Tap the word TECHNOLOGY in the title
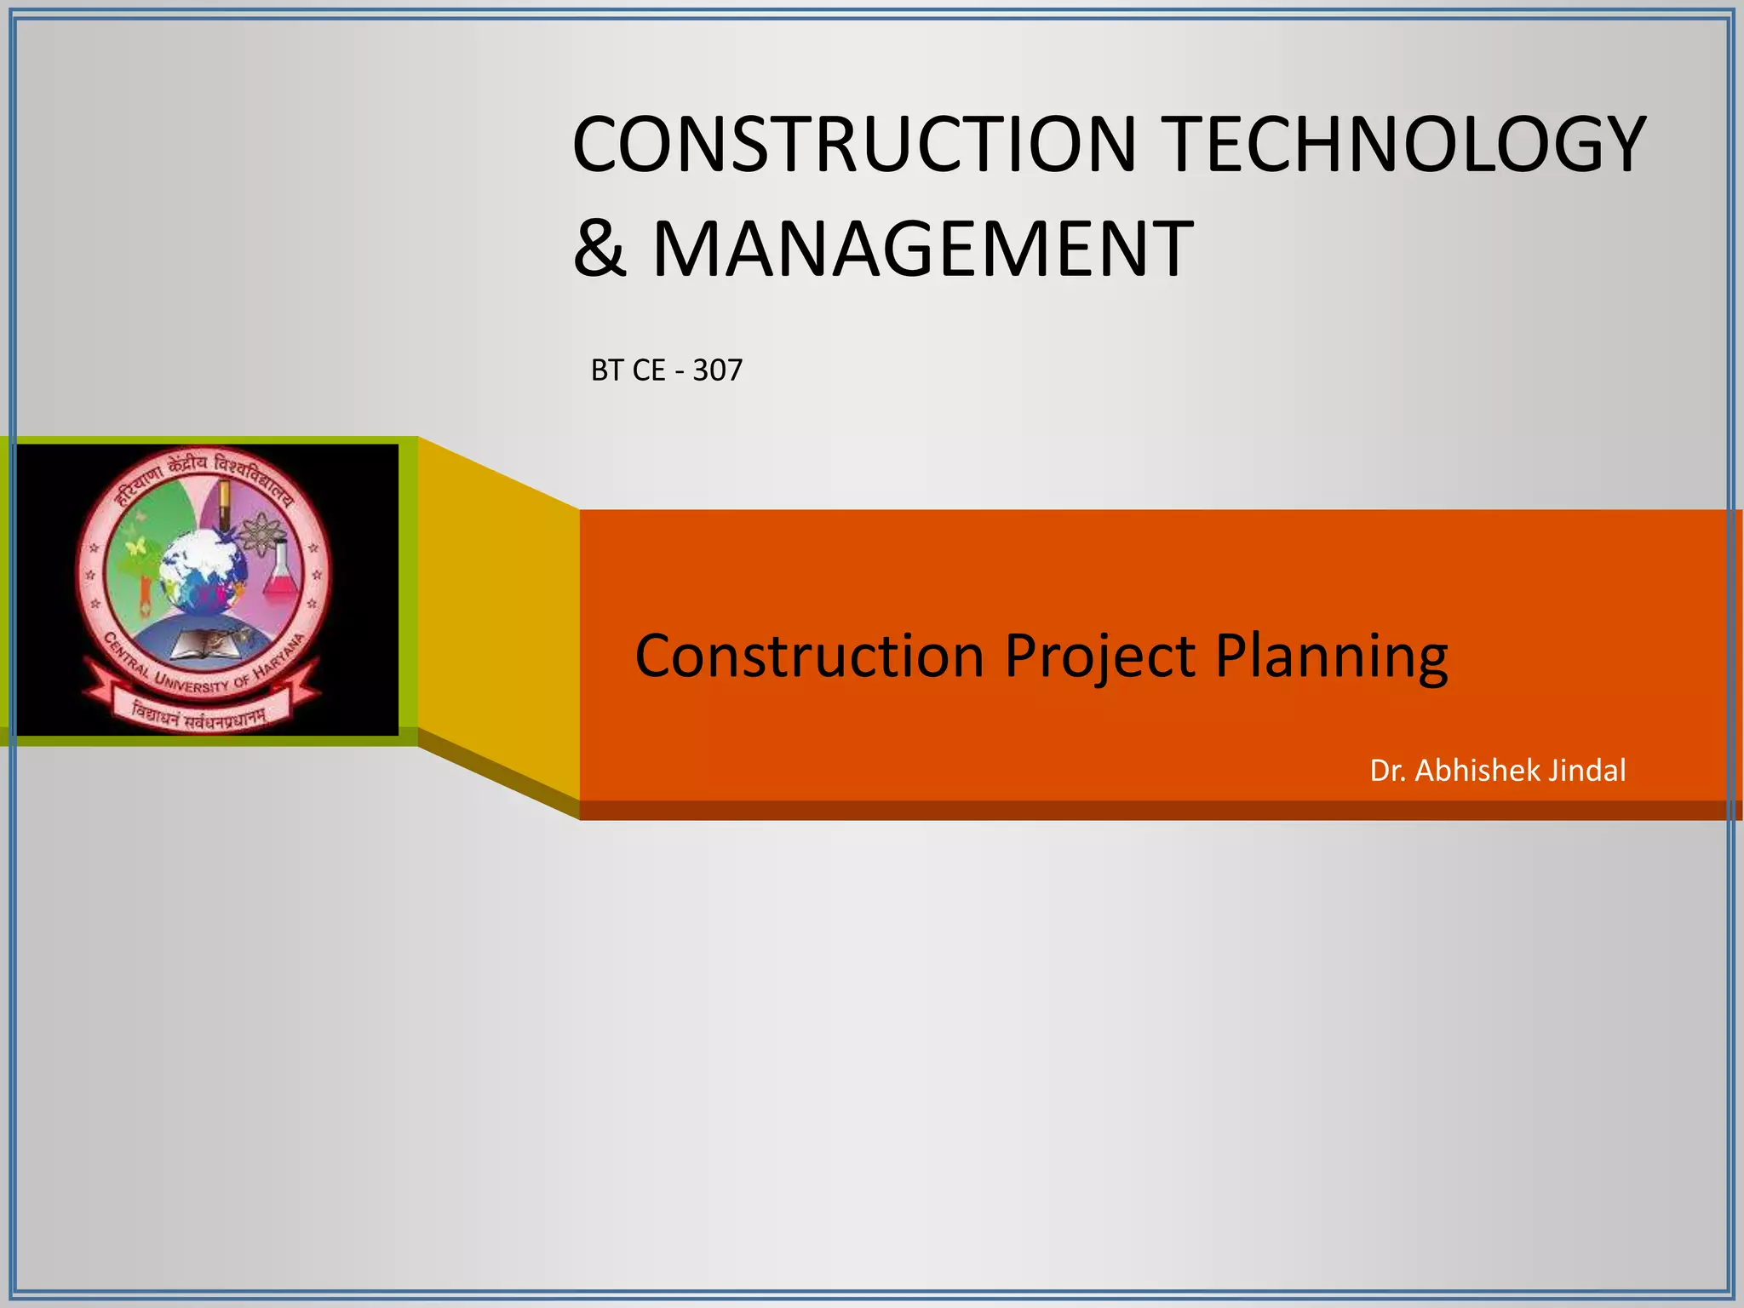[x=1405, y=144]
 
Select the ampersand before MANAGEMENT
[x=599, y=249]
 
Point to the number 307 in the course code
[x=717, y=370]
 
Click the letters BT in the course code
[x=607, y=370]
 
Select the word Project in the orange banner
[x=1100, y=657]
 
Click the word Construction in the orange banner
[x=809, y=657]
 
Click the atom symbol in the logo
[x=255, y=534]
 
